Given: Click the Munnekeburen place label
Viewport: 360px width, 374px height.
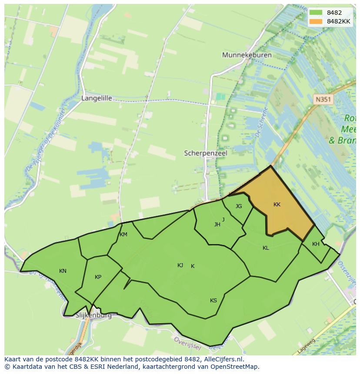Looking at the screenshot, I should pyautogui.click(x=247, y=55).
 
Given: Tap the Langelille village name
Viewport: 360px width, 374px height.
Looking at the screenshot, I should pyautogui.click(x=97, y=98).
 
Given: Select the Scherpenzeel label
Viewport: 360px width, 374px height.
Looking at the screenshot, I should pyautogui.click(x=206, y=153).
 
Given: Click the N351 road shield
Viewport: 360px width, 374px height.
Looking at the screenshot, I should pyautogui.click(x=323, y=99).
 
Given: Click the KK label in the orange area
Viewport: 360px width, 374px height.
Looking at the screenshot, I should pyautogui.click(x=277, y=205).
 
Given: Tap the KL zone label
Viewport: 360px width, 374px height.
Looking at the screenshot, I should pyautogui.click(x=266, y=248).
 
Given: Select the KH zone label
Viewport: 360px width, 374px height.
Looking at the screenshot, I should pyautogui.click(x=316, y=244).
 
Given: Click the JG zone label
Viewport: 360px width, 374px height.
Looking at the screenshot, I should pyautogui.click(x=239, y=206).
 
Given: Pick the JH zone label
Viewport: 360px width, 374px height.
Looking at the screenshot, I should pyautogui.click(x=217, y=225).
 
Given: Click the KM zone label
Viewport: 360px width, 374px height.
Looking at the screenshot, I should pyautogui.click(x=123, y=235).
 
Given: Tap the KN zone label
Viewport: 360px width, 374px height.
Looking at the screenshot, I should pyautogui.click(x=63, y=271).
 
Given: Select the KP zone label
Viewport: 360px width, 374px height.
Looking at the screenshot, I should pyautogui.click(x=98, y=277).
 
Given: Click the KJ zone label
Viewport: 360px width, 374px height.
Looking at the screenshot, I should pyautogui.click(x=180, y=265).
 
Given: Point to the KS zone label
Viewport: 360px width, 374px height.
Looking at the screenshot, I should pyautogui.click(x=213, y=301).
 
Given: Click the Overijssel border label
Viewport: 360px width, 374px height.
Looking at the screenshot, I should pyautogui.click(x=187, y=342).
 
